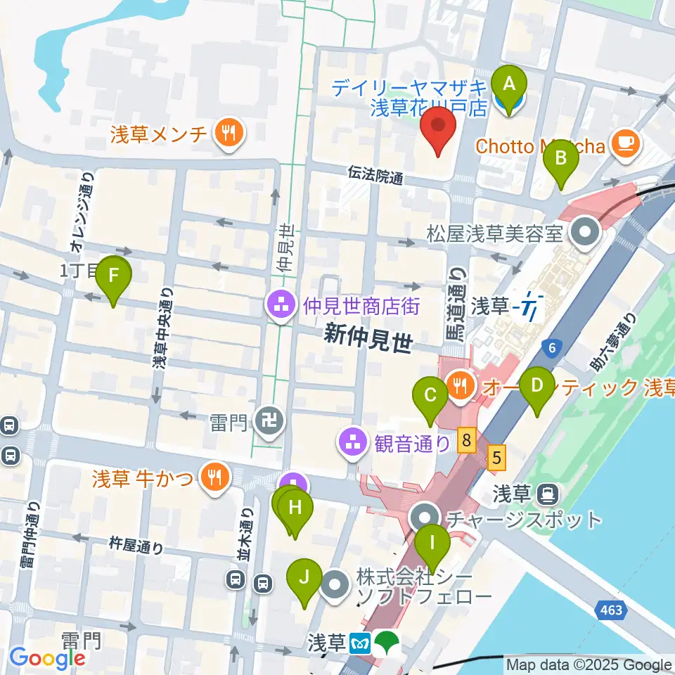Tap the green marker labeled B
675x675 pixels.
(x=561, y=158)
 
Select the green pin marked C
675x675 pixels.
(x=430, y=395)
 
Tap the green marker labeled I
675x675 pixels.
(x=432, y=544)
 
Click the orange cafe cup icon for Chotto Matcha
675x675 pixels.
(x=624, y=143)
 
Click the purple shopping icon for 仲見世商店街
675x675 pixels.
(x=280, y=306)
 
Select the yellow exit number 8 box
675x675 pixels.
(x=465, y=442)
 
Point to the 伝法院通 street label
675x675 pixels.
(x=375, y=174)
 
